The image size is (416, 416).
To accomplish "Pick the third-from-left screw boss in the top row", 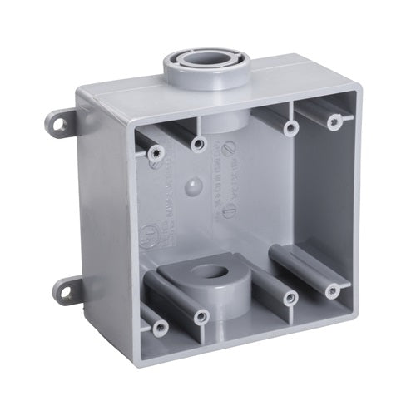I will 290,129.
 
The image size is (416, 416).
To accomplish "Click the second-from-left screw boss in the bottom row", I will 200,316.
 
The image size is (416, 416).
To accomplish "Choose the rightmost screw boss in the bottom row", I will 334,289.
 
